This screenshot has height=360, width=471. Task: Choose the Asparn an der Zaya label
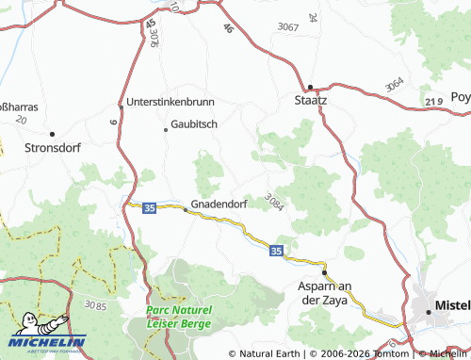point(323,292)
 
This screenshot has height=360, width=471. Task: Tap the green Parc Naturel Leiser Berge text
point(180,316)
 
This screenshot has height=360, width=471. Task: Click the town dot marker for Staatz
point(311,83)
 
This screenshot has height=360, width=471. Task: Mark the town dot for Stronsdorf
point(52,134)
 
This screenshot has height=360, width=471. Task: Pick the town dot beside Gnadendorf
point(185,209)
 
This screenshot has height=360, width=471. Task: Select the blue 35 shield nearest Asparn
point(275,251)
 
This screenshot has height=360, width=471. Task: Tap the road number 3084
point(274,201)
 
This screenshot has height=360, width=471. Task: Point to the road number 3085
point(95,306)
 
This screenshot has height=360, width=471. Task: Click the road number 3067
point(288,27)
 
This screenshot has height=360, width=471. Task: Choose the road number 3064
point(395,84)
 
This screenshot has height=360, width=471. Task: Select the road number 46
point(228,29)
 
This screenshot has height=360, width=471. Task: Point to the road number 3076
point(154,38)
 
